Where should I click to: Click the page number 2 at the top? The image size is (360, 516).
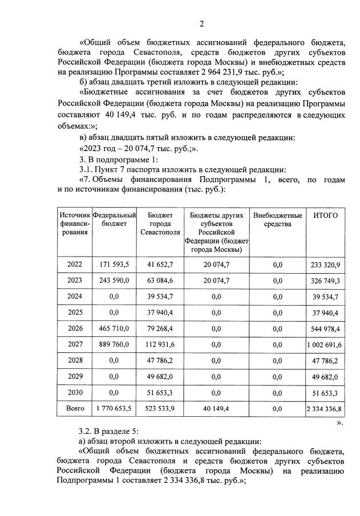coord(201,23)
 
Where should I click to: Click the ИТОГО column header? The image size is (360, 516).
coord(326,215)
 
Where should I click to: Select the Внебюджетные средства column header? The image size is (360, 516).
coord(278,220)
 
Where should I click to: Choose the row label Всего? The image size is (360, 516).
coord(75,408)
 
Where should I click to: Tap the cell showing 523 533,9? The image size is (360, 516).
coord(160,408)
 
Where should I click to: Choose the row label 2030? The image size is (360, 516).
coord(75,392)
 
